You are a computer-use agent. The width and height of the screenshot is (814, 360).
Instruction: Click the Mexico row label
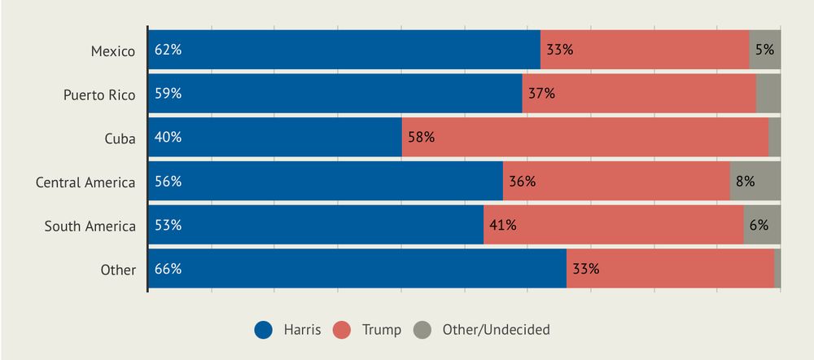click(112, 50)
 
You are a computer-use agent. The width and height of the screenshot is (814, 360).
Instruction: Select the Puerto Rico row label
click(99, 94)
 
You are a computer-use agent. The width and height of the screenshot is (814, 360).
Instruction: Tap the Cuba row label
click(120, 138)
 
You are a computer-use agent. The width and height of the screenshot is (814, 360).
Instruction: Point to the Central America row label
click(85, 182)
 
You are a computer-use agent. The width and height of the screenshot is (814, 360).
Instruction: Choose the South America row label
click(90, 226)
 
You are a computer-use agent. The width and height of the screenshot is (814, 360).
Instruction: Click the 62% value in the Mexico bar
click(168, 50)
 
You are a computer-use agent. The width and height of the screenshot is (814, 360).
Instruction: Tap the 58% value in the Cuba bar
click(421, 138)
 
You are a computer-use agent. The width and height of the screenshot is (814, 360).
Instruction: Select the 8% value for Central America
click(745, 182)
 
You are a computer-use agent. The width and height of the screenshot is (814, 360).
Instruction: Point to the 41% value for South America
click(503, 226)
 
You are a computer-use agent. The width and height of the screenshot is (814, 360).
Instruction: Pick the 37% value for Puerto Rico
click(541, 94)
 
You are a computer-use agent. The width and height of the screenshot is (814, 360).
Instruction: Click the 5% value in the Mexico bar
click(764, 50)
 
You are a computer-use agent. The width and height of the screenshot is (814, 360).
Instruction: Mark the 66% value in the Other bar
click(168, 269)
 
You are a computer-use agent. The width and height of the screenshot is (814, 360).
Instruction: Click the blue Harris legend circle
click(263, 330)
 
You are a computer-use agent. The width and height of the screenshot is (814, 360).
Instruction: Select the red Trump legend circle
click(343, 330)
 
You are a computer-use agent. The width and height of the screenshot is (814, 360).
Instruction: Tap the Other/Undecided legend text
click(496, 330)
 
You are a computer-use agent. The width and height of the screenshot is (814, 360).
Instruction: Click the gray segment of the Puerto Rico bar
click(768, 94)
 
